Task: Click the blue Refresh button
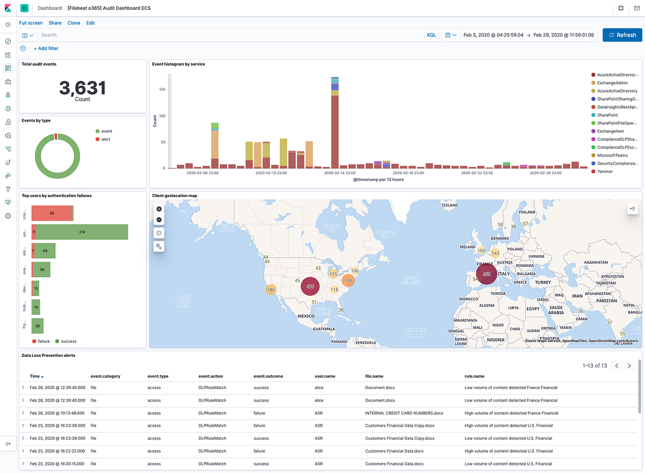(x=622, y=35)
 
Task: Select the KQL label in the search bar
(x=432, y=35)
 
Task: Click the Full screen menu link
(x=31, y=23)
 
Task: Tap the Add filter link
(x=46, y=48)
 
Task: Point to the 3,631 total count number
(x=82, y=87)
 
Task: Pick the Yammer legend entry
(x=605, y=172)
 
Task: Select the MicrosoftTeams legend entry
(x=612, y=156)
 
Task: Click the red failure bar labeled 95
(x=52, y=213)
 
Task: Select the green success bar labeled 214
(x=82, y=232)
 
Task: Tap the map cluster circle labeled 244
(x=348, y=280)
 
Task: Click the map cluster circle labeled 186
(x=271, y=290)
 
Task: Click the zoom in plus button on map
(x=159, y=209)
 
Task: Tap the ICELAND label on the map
(x=449, y=205)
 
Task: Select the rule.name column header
(x=474, y=376)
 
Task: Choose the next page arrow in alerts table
(x=629, y=366)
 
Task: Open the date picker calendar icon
(x=448, y=35)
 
